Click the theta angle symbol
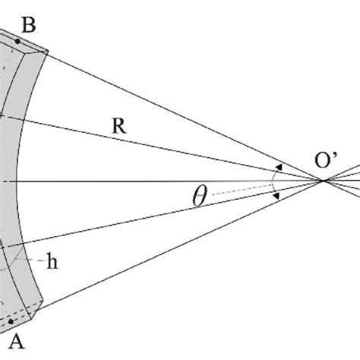click(199, 197)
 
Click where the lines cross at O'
click(324, 181)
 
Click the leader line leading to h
click(34, 257)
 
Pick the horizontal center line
click(152, 181)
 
